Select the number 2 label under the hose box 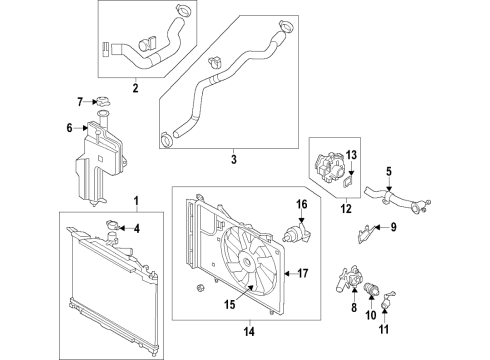coord(134,87)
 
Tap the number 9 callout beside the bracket coord(393,227)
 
